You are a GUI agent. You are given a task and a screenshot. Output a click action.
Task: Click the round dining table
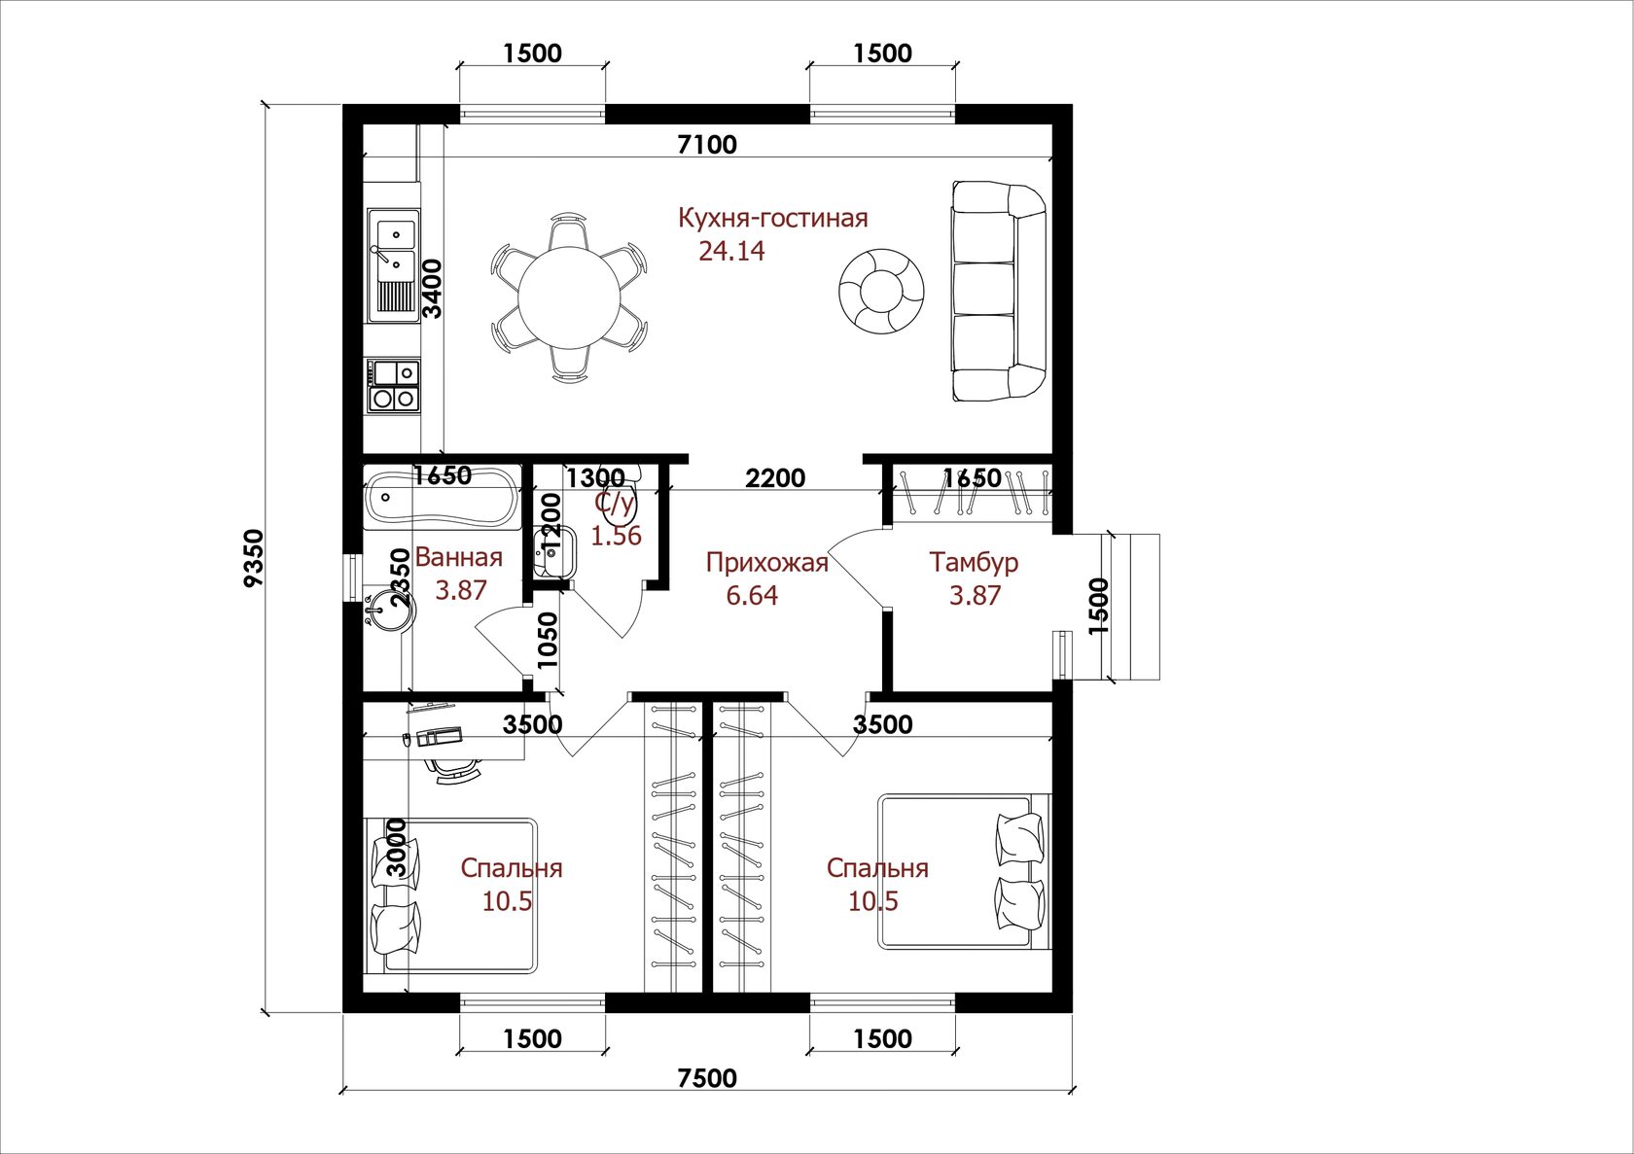point(568,298)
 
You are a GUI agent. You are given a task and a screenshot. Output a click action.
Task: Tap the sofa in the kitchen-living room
point(997,292)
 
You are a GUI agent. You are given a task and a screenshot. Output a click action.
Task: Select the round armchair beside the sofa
point(881,292)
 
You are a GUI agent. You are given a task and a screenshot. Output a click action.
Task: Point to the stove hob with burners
point(394,385)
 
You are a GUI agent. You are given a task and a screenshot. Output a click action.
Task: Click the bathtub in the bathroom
point(442,497)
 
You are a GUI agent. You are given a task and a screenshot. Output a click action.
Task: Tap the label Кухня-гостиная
point(773,218)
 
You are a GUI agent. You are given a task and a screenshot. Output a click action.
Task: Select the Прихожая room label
point(766,563)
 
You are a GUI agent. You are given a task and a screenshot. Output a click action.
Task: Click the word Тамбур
point(973,563)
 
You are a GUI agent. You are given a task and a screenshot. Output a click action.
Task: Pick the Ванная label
point(459,558)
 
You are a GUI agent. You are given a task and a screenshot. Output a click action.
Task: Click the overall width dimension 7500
point(707,1077)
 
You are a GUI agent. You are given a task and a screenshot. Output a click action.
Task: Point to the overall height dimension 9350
point(255,558)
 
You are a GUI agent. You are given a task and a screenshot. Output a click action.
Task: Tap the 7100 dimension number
point(707,145)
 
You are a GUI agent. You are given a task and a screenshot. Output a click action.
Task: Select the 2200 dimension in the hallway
point(774,478)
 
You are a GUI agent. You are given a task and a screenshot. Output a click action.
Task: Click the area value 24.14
point(731,251)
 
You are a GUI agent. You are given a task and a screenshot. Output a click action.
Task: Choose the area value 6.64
point(752,596)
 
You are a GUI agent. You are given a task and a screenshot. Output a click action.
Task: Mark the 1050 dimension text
point(547,640)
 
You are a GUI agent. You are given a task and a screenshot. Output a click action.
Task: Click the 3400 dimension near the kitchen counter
point(432,289)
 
